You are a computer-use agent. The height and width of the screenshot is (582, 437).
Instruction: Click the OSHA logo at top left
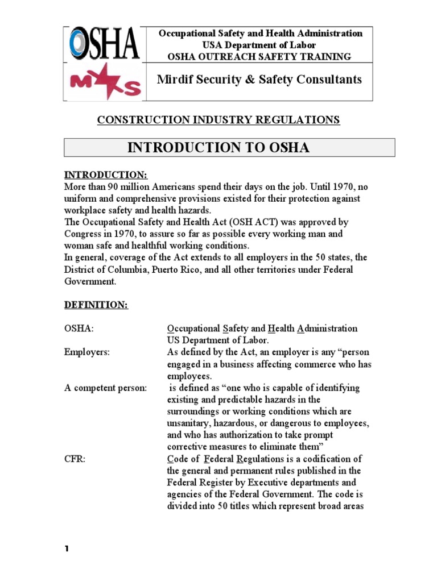(x=104, y=44)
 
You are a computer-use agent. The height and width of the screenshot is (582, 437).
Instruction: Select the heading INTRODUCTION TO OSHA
(x=218, y=148)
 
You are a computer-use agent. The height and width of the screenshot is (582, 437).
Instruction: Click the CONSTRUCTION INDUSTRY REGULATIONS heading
(x=218, y=120)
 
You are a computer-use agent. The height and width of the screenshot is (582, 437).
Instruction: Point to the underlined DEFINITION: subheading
(x=96, y=305)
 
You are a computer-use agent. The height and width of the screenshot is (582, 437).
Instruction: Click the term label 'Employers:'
(x=86, y=352)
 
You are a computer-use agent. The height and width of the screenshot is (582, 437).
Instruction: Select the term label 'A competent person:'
(x=105, y=388)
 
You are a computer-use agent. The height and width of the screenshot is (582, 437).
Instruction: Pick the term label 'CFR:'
(x=75, y=459)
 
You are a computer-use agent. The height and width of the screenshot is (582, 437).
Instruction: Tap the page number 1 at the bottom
(x=66, y=549)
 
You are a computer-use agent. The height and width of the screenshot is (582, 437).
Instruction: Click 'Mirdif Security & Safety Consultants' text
(x=259, y=80)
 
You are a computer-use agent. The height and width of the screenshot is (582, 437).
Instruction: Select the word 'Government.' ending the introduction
(x=89, y=281)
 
